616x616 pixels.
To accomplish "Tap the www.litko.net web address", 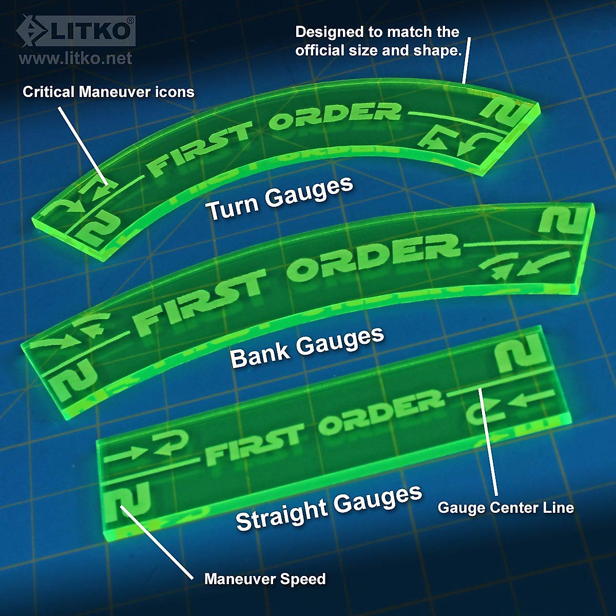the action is [75, 59].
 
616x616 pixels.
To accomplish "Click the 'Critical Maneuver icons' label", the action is [108, 92].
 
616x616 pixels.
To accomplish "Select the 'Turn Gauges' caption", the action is [279, 199].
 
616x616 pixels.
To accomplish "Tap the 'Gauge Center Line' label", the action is [506, 508].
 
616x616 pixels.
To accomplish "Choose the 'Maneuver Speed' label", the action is [265, 579].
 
